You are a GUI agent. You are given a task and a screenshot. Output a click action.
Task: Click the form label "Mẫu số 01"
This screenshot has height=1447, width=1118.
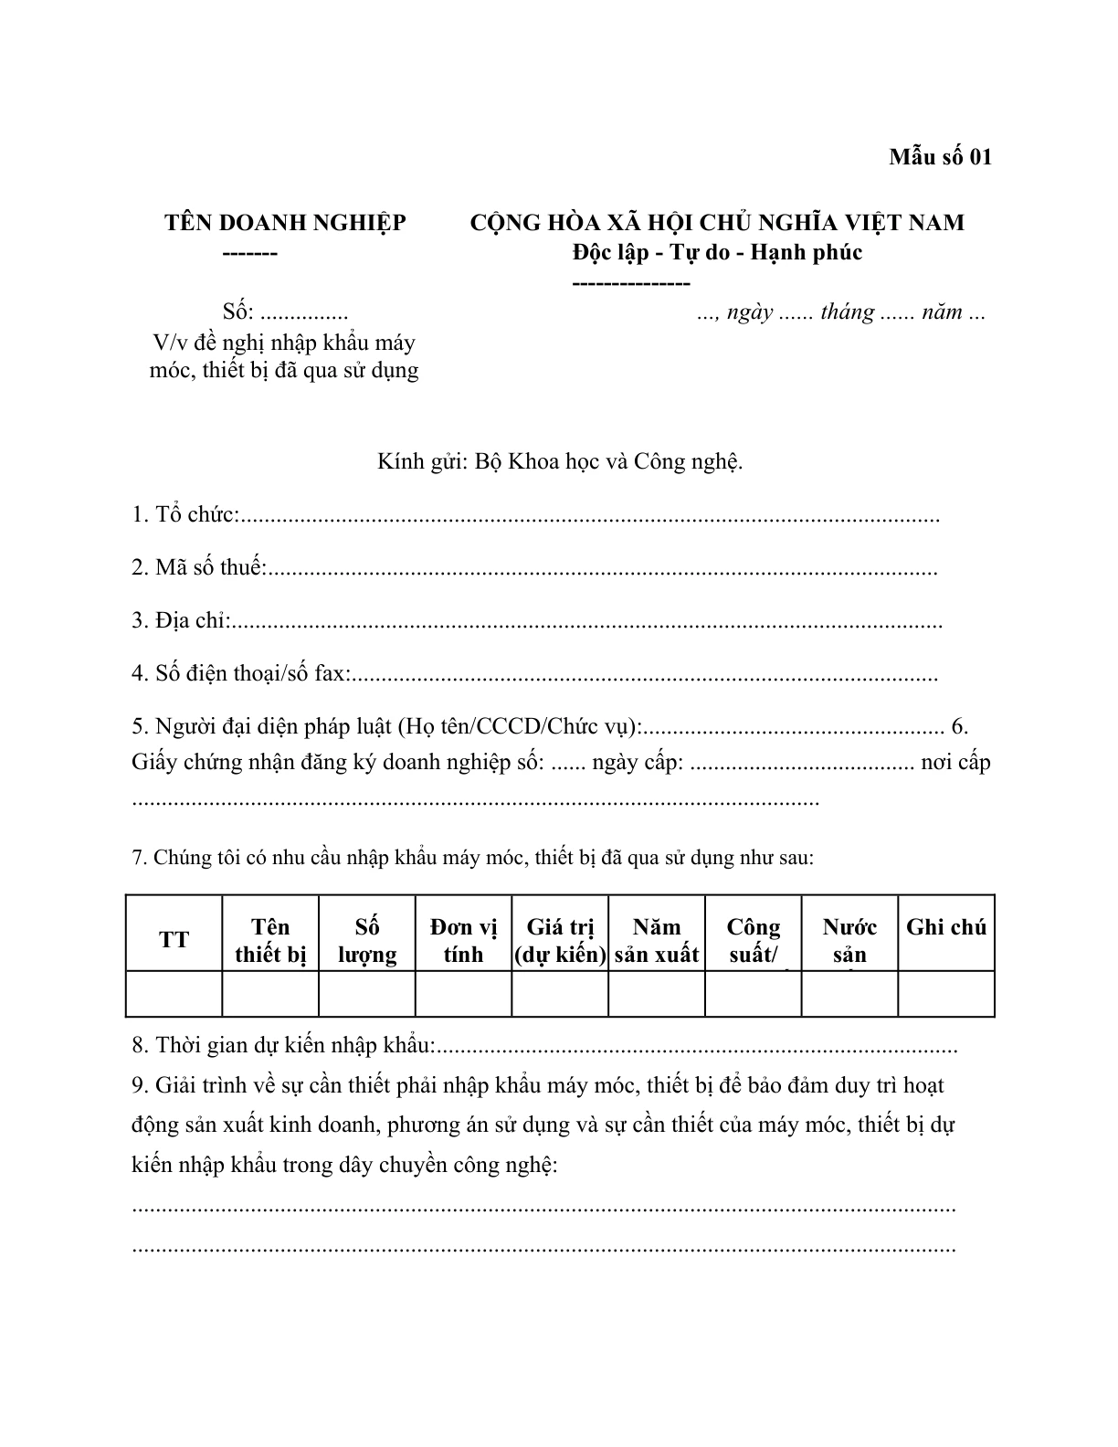[x=940, y=157]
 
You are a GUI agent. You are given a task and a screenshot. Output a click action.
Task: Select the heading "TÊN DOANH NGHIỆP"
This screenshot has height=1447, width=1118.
[x=285, y=223]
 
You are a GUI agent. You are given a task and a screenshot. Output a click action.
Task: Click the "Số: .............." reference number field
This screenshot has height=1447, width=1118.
[x=285, y=312]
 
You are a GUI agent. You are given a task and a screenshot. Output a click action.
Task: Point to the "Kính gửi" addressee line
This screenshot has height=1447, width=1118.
[x=560, y=461]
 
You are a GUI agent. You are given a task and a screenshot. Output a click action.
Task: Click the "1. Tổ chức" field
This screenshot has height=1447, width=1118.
[x=585, y=516]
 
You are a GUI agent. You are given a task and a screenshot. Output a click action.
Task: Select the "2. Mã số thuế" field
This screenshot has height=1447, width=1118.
[x=598, y=568]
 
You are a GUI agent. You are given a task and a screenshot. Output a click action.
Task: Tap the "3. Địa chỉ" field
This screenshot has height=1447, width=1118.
[x=585, y=622]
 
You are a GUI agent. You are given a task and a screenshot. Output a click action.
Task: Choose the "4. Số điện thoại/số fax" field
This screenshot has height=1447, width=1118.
[x=639, y=675]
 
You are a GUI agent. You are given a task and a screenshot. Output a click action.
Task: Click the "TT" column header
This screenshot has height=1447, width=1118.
[x=174, y=940]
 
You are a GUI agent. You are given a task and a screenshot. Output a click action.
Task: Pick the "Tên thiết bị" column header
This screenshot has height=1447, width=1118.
[x=270, y=941]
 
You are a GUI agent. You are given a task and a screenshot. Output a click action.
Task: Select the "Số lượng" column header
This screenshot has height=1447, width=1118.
[x=367, y=941]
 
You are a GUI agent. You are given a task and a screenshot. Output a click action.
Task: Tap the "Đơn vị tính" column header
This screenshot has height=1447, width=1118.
[x=463, y=941]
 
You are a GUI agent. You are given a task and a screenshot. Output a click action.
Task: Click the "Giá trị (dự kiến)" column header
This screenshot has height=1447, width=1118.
[x=560, y=941]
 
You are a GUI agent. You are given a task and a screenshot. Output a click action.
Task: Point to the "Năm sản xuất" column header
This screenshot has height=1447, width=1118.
[x=657, y=941]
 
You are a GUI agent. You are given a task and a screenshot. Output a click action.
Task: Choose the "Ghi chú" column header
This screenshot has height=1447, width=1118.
[x=946, y=928]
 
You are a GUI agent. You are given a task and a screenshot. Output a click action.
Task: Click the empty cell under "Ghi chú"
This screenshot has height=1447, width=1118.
[x=946, y=993]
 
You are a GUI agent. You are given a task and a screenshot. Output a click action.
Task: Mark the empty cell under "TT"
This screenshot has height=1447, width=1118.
[x=174, y=993]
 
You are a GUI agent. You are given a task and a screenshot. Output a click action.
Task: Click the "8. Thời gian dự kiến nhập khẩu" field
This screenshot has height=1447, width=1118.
[x=694, y=1046]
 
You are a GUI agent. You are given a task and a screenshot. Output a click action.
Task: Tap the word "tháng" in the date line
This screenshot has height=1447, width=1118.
[x=847, y=312]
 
